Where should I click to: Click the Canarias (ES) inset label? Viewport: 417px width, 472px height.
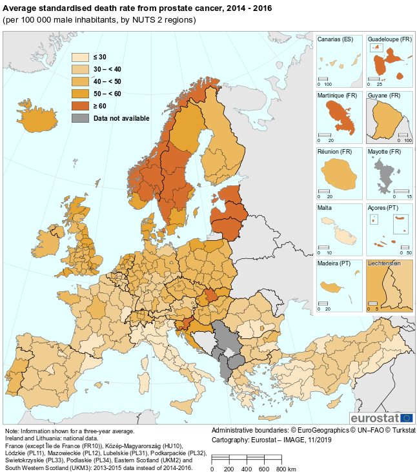[335, 39]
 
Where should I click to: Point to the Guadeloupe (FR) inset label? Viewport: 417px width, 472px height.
[389, 39]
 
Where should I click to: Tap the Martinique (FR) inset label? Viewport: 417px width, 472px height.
[337, 96]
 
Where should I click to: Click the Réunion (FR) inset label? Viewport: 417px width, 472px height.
[334, 152]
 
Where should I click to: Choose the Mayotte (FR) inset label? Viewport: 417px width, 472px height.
[385, 152]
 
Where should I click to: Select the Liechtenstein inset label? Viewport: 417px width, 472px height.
[384, 264]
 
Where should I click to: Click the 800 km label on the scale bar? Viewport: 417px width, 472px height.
[285, 468]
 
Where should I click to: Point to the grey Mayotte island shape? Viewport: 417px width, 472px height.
[385, 175]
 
